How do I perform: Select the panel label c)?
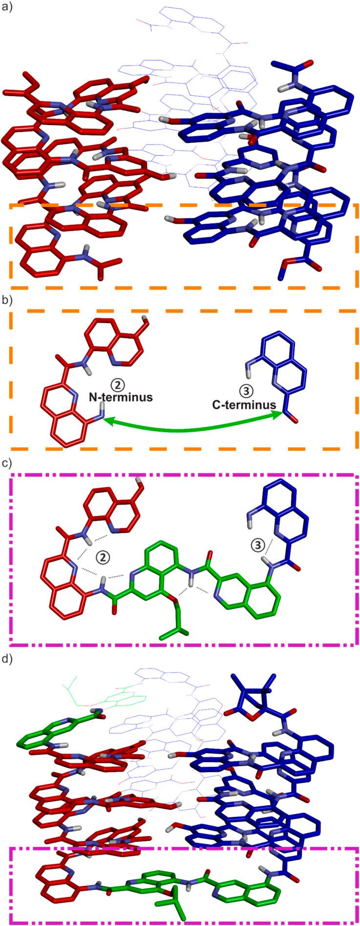[x=7, y=462]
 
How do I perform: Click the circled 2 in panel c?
[x=102, y=557]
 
